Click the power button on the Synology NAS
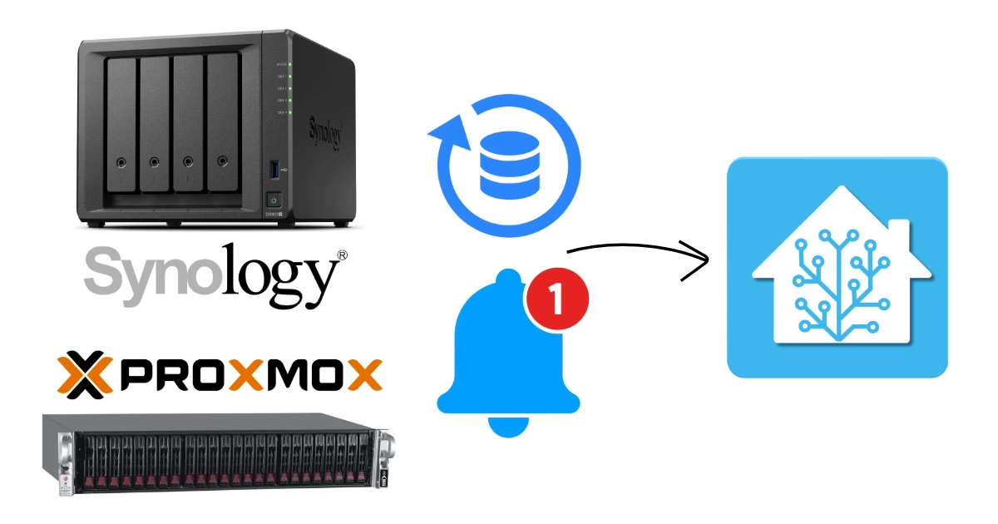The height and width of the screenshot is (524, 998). (x=274, y=200)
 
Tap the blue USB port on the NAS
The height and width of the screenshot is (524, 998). (x=275, y=171)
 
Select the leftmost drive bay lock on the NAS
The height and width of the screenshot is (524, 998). (x=121, y=162)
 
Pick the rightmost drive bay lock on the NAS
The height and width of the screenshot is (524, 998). (x=222, y=161)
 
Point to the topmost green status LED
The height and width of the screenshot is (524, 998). (x=288, y=64)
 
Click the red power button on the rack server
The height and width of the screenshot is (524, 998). (x=66, y=482)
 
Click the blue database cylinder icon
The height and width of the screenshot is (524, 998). (x=508, y=164)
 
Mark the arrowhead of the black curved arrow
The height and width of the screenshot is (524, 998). (x=704, y=260)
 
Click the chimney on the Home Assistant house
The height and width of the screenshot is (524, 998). (x=896, y=234)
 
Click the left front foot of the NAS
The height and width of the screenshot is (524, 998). (x=99, y=224)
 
